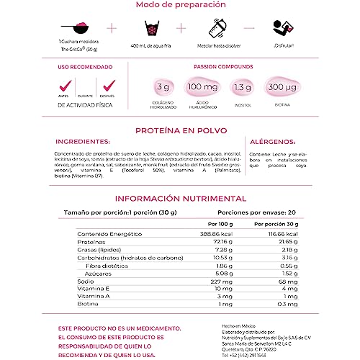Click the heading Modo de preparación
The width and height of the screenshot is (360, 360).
(179, 6)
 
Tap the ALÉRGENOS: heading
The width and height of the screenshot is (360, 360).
(273, 142)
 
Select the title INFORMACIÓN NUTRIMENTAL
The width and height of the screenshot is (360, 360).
(181, 199)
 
